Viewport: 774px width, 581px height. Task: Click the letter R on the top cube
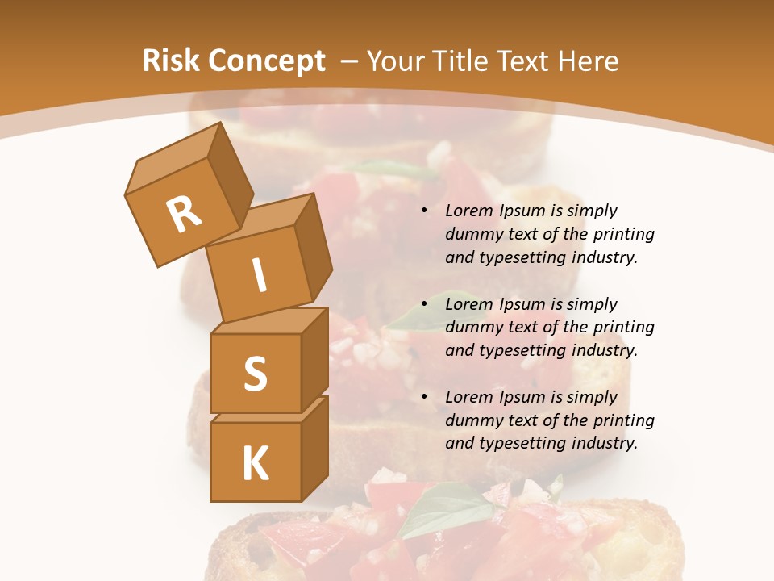(x=184, y=215)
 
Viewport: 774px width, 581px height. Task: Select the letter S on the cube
(x=255, y=373)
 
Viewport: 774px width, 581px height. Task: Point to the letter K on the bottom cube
(x=255, y=463)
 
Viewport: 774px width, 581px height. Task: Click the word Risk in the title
(x=171, y=61)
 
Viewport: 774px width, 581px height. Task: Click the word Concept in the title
(x=268, y=61)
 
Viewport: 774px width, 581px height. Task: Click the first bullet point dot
(x=424, y=211)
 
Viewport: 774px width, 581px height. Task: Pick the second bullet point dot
(x=424, y=305)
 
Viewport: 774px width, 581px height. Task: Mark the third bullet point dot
(x=424, y=398)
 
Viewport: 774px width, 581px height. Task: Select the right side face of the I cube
(x=313, y=245)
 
